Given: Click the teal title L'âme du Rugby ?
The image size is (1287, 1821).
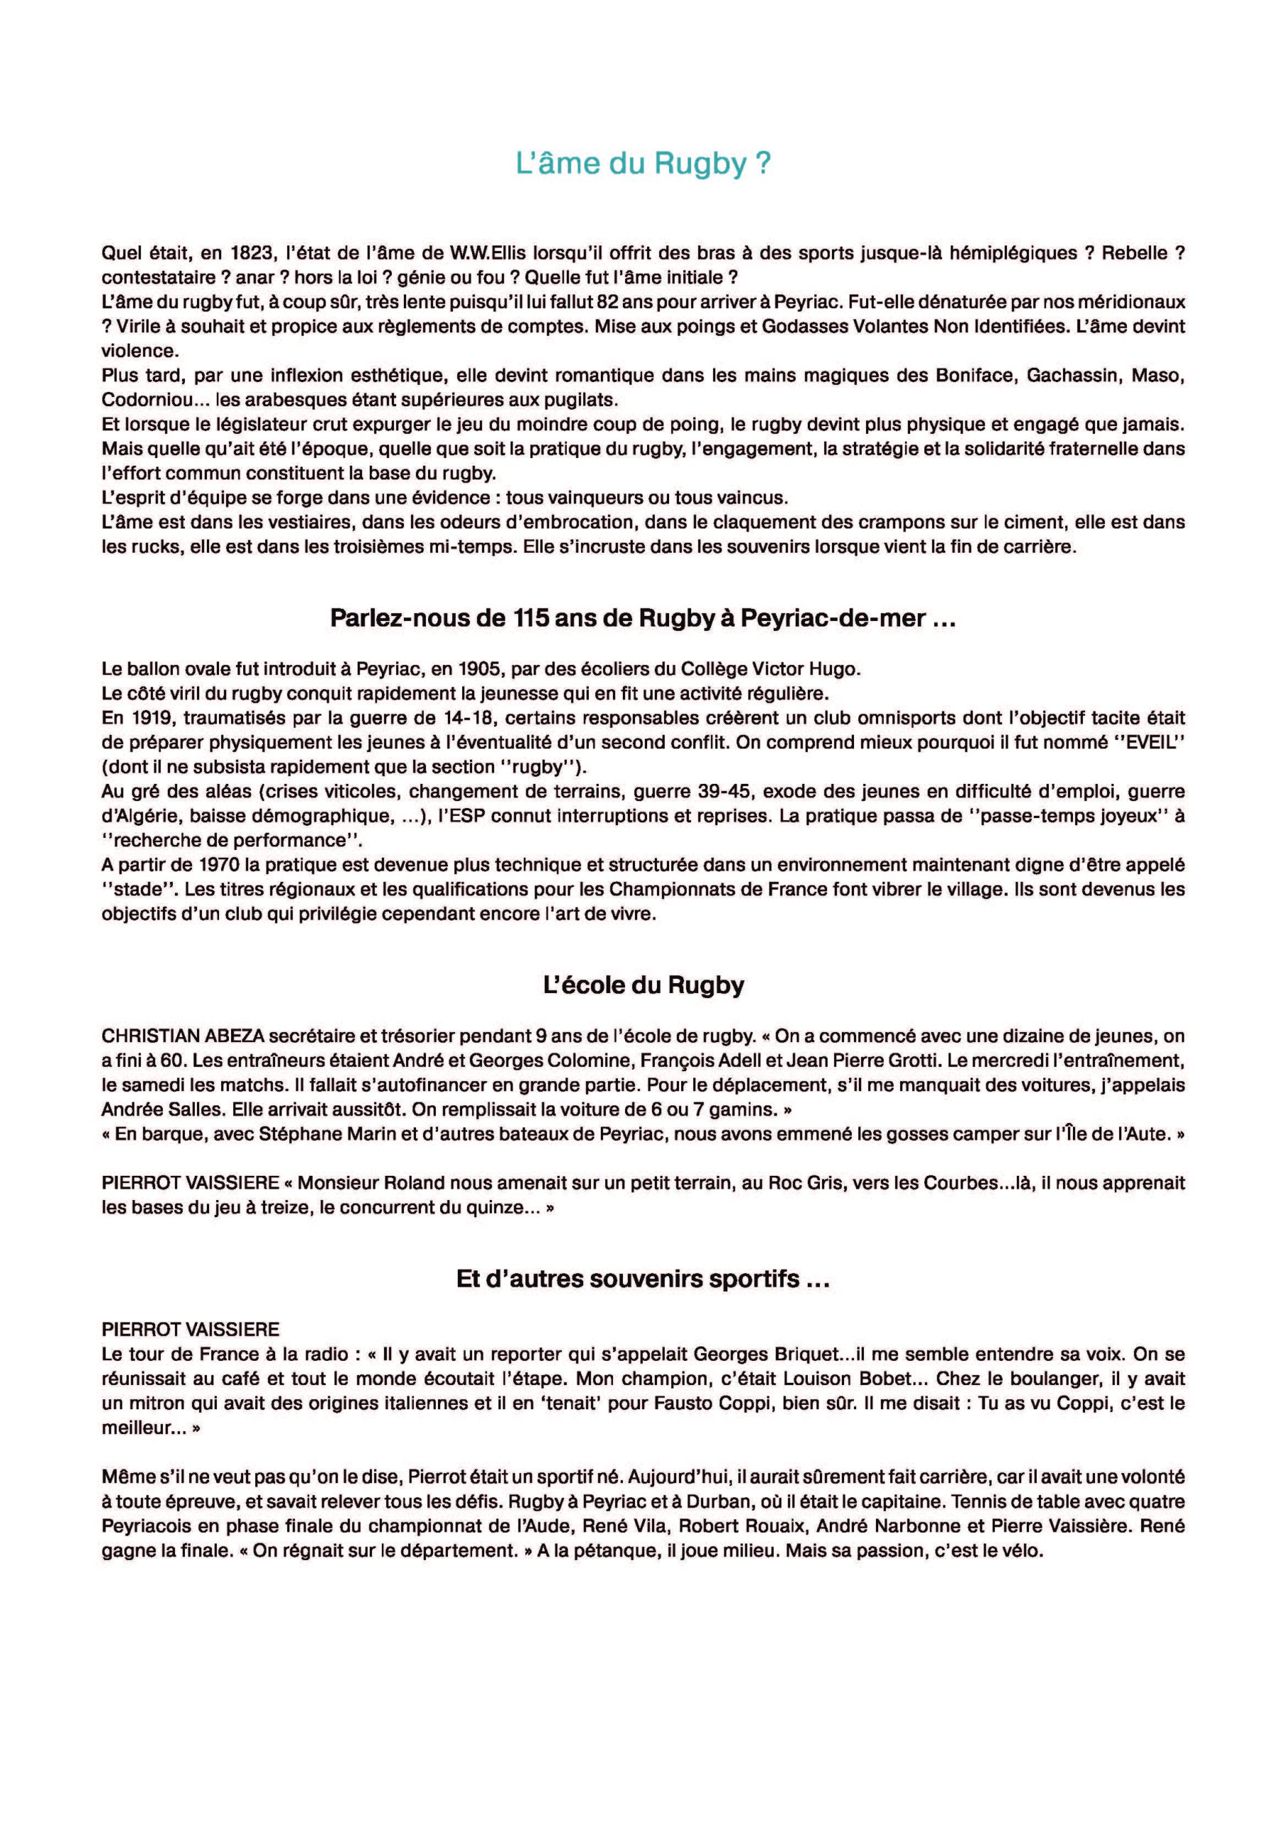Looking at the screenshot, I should [x=643, y=164].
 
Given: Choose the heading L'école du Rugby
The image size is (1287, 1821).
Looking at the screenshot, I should [x=643, y=985].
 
